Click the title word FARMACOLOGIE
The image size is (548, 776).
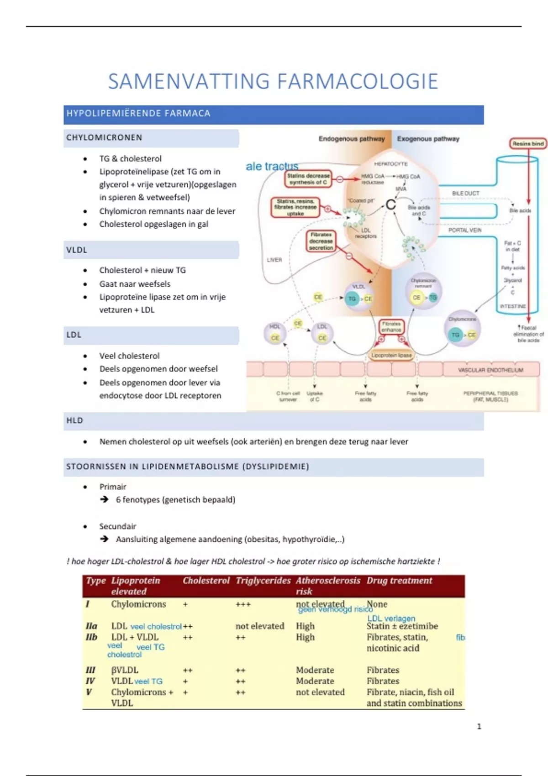point(357,81)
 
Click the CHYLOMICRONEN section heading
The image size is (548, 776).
point(105,137)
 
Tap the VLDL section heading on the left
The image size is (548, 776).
point(77,250)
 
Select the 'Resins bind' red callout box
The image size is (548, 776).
point(528,144)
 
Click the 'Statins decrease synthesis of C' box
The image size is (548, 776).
point(308,179)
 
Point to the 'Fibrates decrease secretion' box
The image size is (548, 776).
point(321,241)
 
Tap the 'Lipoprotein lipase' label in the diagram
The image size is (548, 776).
point(391,355)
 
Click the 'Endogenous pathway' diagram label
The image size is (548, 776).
point(352,139)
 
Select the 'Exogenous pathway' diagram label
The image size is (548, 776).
point(428,139)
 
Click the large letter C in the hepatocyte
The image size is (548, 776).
point(390,204)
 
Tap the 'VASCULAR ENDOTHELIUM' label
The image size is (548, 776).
point(490,370)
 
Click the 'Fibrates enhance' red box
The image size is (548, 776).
point(391,326)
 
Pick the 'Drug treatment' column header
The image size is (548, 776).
point(399,581)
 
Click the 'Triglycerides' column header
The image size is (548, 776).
point(263,581)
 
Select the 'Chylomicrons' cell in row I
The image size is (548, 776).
point(138,604)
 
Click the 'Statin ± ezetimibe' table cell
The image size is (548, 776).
point(402,626)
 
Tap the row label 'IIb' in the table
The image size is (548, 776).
point(91,637)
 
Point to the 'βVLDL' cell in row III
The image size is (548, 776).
point(125,670)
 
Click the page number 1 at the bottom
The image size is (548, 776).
point(479,726)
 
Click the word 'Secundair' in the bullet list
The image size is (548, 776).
point(118,526)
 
